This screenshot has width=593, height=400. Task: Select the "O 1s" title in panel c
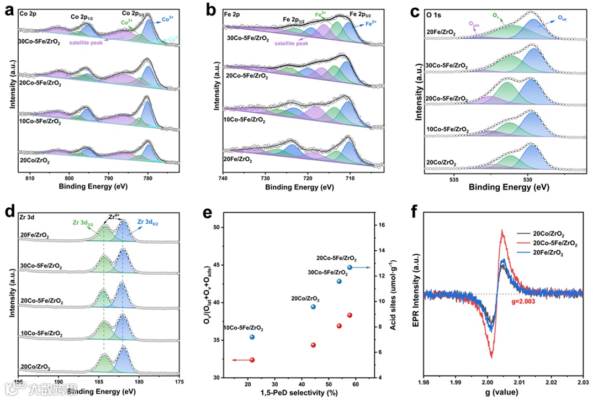click(433, 12)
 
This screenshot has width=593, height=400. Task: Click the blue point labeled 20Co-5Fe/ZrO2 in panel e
click(350, 267)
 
